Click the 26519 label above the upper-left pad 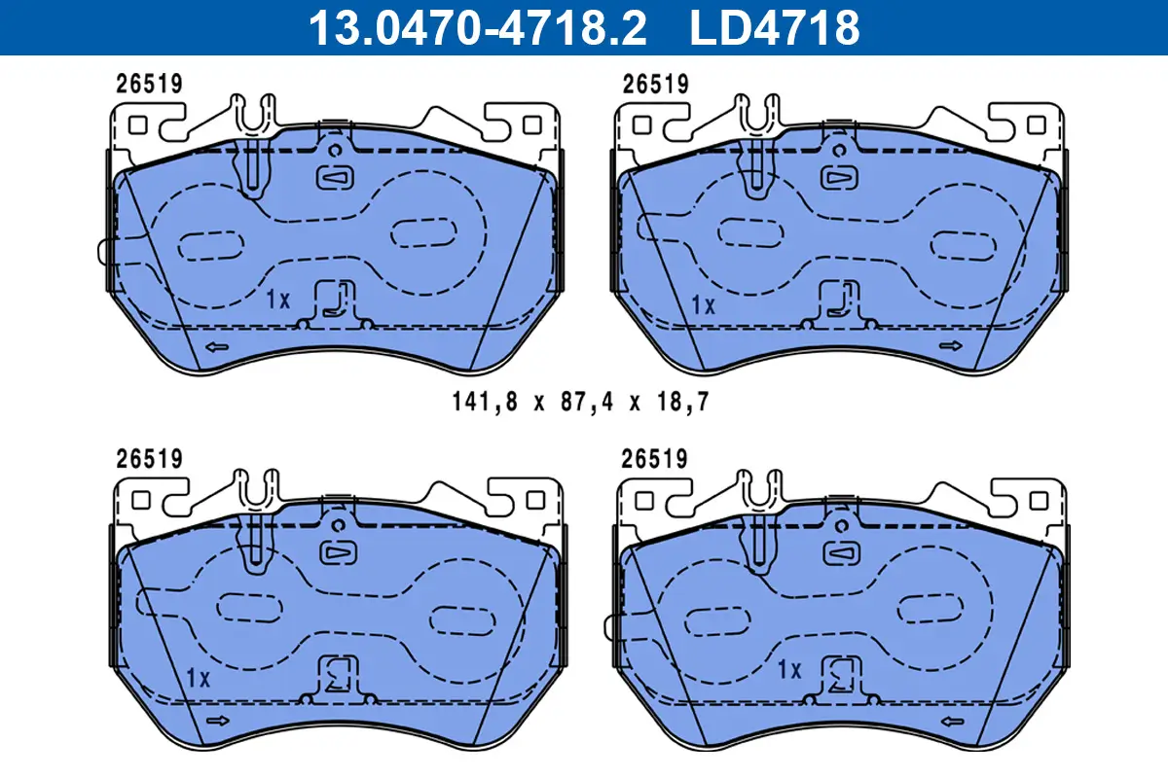tap(149, 85)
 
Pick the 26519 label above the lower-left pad tap(149, 458)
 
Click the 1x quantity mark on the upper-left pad tap(278, 301)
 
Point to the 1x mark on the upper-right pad tap(703, 304)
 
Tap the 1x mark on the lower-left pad tap(198, 678)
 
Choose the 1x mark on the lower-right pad tap(788, 669)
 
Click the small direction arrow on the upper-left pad tap(215, 346)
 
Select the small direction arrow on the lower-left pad tap(217, 721)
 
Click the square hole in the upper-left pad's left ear tap(137, 124)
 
